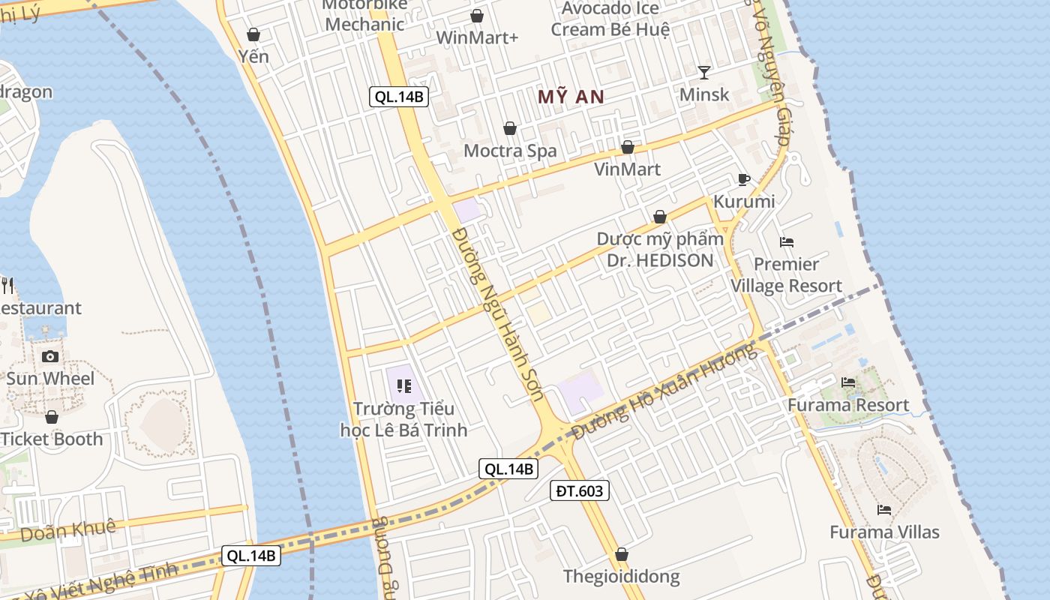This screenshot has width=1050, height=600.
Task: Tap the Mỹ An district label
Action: (x=571, y=97)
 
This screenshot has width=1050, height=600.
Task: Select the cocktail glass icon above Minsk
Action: (x=703, y=72)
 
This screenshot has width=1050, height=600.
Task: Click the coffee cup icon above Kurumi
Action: (x=743, y=179)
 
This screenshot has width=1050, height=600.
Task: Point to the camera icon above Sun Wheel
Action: (x=50, y=356)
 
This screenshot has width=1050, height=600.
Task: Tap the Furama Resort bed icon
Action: (x=848, y=382)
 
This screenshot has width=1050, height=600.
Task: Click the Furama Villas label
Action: (x=884, y=532)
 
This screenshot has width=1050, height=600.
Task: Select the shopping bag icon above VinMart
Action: (x=628, y=147)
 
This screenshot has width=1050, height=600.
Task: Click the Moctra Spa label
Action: (x=510, y=151)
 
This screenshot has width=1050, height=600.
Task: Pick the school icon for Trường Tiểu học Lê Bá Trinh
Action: (x=404, y=386)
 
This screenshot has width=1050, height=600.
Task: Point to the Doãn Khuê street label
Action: (x=68, y=529)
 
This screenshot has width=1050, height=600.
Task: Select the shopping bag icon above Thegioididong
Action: (x=621, y=555)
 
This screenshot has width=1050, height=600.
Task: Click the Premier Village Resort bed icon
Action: (x=787, y=242)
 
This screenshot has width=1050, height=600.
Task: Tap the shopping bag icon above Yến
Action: (x=253, y=34)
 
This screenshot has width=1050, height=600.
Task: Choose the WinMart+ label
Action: (x=477, y=37)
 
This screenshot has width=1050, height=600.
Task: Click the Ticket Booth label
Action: (x=52, y=439)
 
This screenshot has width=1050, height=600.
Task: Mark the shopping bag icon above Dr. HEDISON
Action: (x=660, y=217)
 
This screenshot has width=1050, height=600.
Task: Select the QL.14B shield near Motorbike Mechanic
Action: (x=399, y=96)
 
